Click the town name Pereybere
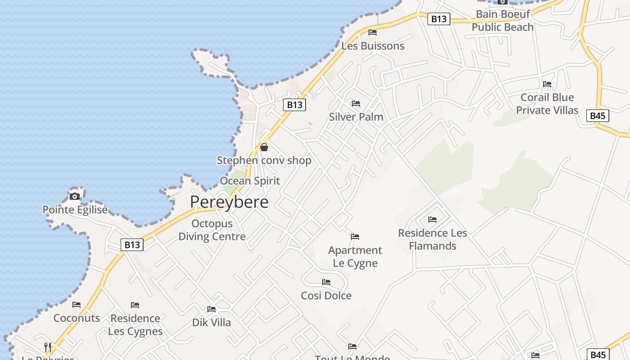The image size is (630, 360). (x=229, y=202)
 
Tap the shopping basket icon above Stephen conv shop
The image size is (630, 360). (x=264, y=147)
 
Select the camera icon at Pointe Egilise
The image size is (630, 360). (x=75, y=196)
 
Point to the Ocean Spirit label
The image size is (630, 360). (x=250, y=181)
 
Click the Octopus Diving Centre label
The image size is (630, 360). (x=212, y=230)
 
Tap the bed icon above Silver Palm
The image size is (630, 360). (x=356, y=103)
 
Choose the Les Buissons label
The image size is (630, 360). (x=373, y=46)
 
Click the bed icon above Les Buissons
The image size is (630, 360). (x=373, y=32)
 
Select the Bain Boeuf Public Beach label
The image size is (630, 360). (x=503, y=21)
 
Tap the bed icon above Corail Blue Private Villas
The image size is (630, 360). (x=547, y=84)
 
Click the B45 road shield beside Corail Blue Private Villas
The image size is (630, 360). (x=598, y=116)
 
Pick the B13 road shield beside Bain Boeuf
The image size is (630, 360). (x=439, y=19)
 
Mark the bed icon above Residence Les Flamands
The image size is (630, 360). (x=432, y=220)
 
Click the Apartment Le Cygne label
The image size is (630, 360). (x=355, y=256)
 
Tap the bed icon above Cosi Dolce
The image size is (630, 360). (x=326, y=282)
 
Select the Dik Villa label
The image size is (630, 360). (x=211, y=323)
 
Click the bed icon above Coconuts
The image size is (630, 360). (x=76, y=305)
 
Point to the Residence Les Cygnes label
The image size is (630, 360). (x=135, y=325)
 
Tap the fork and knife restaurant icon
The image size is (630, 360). (x=48, y=347)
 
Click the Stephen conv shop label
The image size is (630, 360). (x=264, y=160)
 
